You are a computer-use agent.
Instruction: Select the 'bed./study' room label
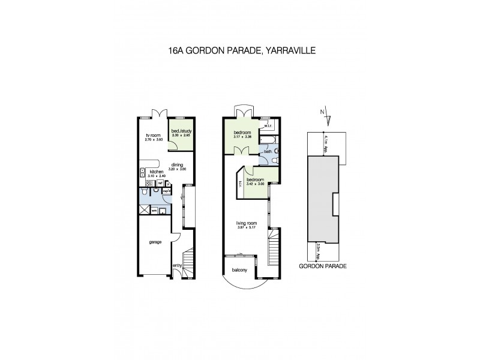coord(181,131)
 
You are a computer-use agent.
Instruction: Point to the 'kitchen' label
coord(157,172)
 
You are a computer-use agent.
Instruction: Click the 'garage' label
coord(155,242)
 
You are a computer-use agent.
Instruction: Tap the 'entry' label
coord(177,266)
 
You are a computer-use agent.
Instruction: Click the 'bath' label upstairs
coord(266,151)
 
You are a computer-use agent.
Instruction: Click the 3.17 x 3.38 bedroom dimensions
coord(242,137)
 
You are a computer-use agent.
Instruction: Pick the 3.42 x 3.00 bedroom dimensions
coord(256,183)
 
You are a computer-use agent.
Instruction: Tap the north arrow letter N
coord(323,112)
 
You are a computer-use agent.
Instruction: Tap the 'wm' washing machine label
coord(154,211)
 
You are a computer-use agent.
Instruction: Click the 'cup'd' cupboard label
coord(167,191)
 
